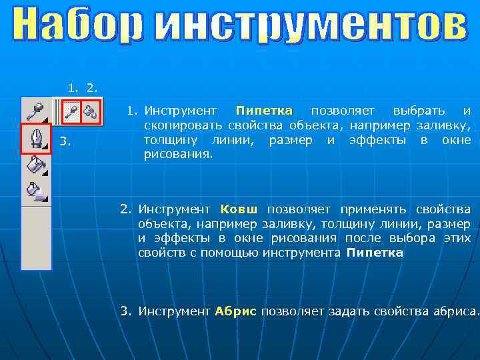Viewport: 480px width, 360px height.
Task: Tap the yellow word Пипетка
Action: pos(264,110)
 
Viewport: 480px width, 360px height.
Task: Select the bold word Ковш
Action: pos(239,209)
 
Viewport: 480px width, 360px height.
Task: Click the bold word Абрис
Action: pos(235,311)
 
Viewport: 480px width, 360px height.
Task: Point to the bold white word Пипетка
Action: pos(375,253)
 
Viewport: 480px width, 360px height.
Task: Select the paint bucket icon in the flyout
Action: pos(91,112)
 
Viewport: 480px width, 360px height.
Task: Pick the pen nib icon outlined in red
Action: pos(35,139)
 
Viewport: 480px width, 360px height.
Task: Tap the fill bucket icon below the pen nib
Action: pos(35,165)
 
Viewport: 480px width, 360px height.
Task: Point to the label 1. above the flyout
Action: pos(73,87)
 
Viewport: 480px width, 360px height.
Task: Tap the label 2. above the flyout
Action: pos(93,87)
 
